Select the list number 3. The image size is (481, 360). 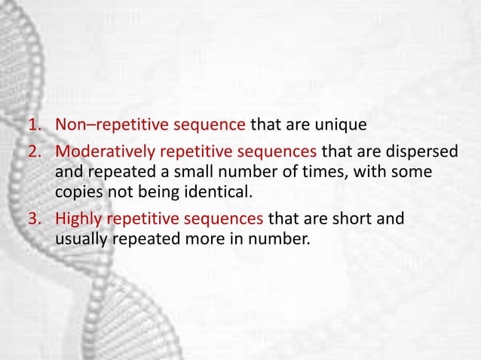point(35,220)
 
